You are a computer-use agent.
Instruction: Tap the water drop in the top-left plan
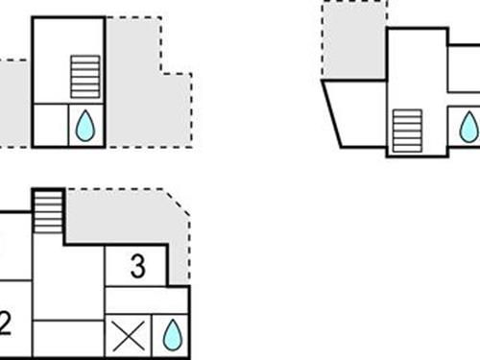click(84, 126)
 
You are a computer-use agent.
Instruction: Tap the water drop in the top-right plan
click(468, 126)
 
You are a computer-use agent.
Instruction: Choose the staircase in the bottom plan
click(47, 209)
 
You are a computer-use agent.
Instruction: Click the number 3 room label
click(137, 266)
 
